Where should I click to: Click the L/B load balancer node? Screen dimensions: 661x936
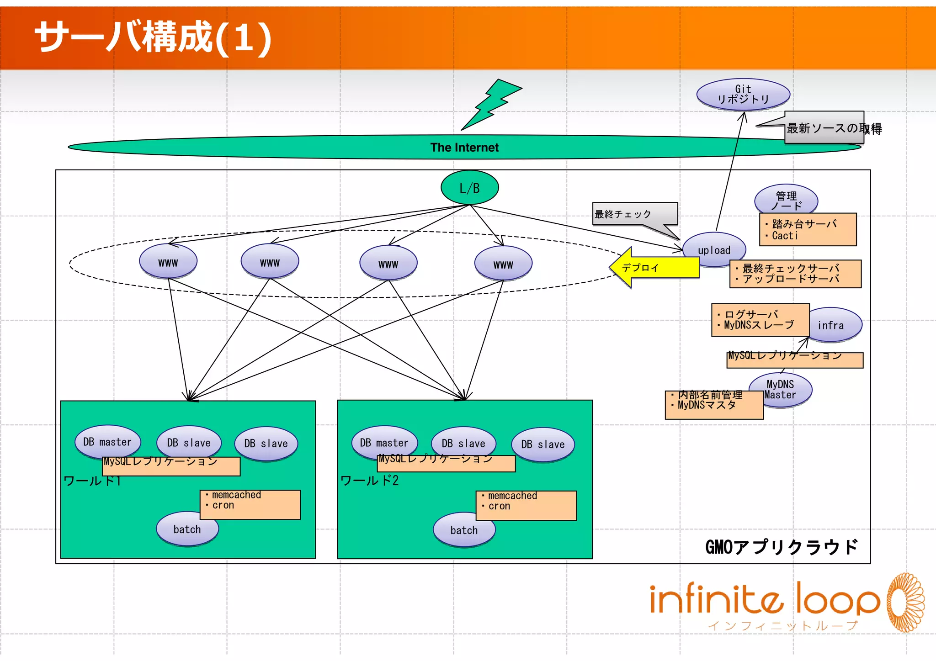(469, 188)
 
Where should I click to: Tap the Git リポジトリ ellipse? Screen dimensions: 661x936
(743, 94)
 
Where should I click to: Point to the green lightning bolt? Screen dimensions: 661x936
(491, 104)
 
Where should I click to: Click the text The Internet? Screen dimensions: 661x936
(464, 148)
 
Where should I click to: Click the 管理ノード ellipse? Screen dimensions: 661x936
(786, 200)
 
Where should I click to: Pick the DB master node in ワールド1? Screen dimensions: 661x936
(107, 442)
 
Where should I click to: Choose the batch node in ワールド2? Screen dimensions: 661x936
(464, 530)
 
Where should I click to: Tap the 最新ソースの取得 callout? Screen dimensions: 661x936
(825, 128)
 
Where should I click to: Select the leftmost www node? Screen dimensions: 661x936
(168, 262)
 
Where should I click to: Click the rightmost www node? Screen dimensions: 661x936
(503, 264)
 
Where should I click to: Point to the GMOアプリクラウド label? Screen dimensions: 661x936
(782, 547)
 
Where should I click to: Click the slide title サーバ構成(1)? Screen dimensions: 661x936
(153, 37)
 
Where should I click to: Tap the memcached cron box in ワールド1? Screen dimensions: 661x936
(250, 504)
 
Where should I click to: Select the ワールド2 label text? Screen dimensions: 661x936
(369, 481)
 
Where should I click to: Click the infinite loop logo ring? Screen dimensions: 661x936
(905, 602)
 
